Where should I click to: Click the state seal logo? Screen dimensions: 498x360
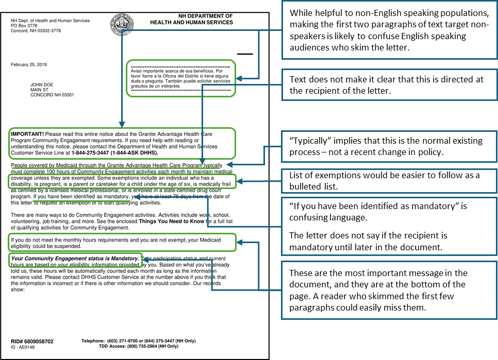122,24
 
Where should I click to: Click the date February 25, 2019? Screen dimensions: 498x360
29,64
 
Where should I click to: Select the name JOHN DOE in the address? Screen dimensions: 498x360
42,84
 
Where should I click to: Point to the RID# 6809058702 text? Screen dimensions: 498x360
32,341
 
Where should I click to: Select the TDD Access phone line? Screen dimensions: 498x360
139,346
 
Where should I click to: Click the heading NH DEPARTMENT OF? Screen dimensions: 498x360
205,16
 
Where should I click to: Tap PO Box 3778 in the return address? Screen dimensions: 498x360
24,26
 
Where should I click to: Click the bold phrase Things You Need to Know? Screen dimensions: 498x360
171,221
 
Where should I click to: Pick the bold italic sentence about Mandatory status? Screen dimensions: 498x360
75,258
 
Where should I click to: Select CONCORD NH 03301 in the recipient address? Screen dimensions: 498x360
52,95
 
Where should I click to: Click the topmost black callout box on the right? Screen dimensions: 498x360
389,30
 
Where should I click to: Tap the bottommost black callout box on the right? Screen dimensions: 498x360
389,290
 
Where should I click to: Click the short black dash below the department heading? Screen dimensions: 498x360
245,54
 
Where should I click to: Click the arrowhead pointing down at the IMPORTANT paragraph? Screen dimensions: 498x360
122,125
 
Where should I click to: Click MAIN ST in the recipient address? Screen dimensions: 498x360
40,90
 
